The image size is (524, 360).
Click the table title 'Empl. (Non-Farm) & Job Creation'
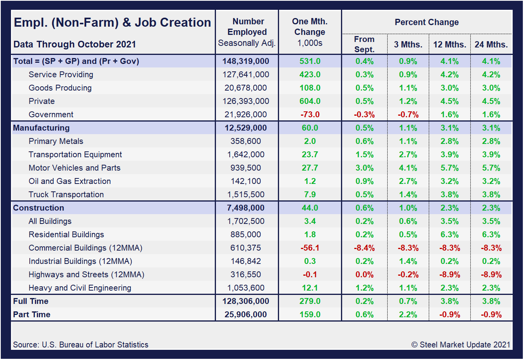112,22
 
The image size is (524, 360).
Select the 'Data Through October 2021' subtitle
74,44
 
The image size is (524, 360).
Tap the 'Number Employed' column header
247,27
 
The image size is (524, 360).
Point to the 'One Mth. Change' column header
310,27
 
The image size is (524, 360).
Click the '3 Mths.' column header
408,45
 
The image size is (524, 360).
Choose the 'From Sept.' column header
364,44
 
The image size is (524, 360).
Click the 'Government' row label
51,115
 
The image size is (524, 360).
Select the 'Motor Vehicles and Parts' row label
74,168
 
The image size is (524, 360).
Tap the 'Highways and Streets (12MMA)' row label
86,275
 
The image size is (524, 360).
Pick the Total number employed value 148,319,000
246,61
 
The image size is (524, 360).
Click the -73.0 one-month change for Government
310,115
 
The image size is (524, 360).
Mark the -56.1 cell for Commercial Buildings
310,248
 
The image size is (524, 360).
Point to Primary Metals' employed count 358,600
246,141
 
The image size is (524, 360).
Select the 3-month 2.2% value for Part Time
408,315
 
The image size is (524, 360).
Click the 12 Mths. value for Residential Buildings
449,235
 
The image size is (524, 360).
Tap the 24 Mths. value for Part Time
491,315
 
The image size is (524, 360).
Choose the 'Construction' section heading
38,208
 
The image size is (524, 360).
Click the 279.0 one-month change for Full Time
310,301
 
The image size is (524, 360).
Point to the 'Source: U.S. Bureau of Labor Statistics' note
81,345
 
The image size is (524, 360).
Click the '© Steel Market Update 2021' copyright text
461,345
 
